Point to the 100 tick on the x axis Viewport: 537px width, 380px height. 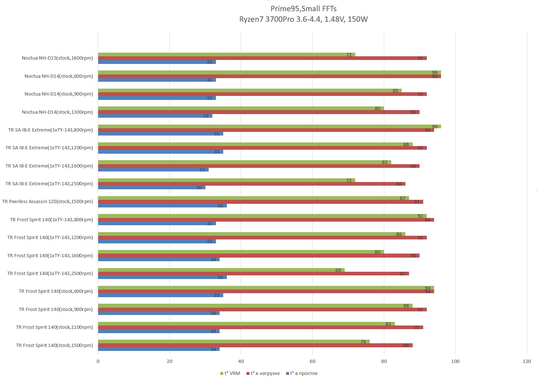(455, 361)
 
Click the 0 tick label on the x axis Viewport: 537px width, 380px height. (98, 361)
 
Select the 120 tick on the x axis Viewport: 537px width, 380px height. (527, 361)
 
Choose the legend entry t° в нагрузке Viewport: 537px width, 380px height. (265, 373)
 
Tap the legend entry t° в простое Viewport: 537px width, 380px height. (304, 373)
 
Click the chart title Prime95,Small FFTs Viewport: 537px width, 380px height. (303, 9)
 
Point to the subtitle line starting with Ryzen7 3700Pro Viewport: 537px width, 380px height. (303, 19)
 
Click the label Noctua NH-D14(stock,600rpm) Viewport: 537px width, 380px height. (59, 76)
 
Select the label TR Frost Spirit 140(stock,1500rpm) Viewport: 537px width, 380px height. (54, 345)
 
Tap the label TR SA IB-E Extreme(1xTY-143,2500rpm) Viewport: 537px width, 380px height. (49, 183)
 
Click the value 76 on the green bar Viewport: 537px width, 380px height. (363, 341)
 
